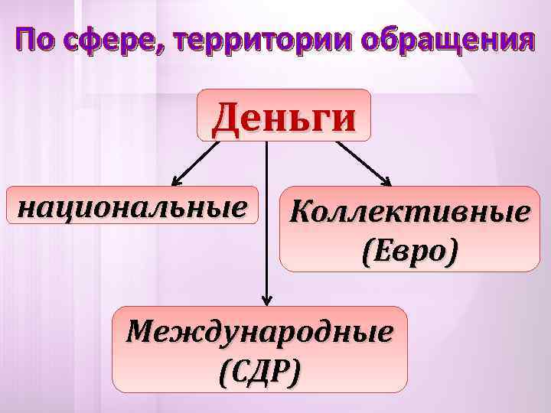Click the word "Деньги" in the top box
(x=284, y=117)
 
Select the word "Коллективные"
(x=409, y=213)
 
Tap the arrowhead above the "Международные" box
(x=266, y=301)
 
